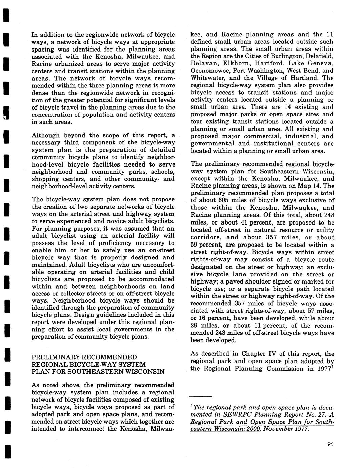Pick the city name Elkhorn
(236, 64)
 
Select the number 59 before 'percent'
(195, 245)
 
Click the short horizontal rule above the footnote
(201, 396)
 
